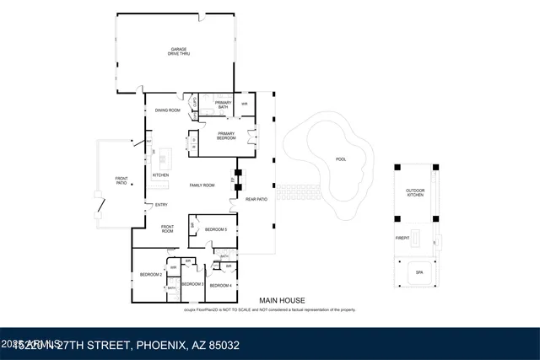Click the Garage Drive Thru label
[x=177, y=51]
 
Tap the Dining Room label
[x=167, y=110]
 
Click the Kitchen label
[x=161, y=175]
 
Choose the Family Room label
[x=201, y=185]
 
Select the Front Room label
[x=167, y=228]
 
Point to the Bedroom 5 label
[x=217, y=229]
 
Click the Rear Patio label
[x=256, y=199]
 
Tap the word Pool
[x=341, y=159]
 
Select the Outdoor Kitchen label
[x=415, y=193]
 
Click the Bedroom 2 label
[x=150, y=275]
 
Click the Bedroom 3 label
[x=192, y=284]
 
